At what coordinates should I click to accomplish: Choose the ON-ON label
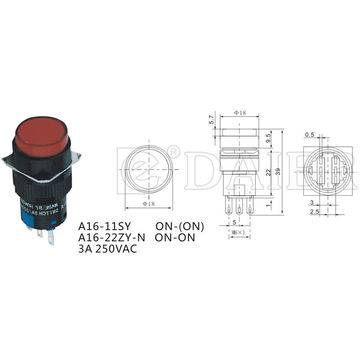[181, 238]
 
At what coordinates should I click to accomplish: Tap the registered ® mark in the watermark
[175, 153]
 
